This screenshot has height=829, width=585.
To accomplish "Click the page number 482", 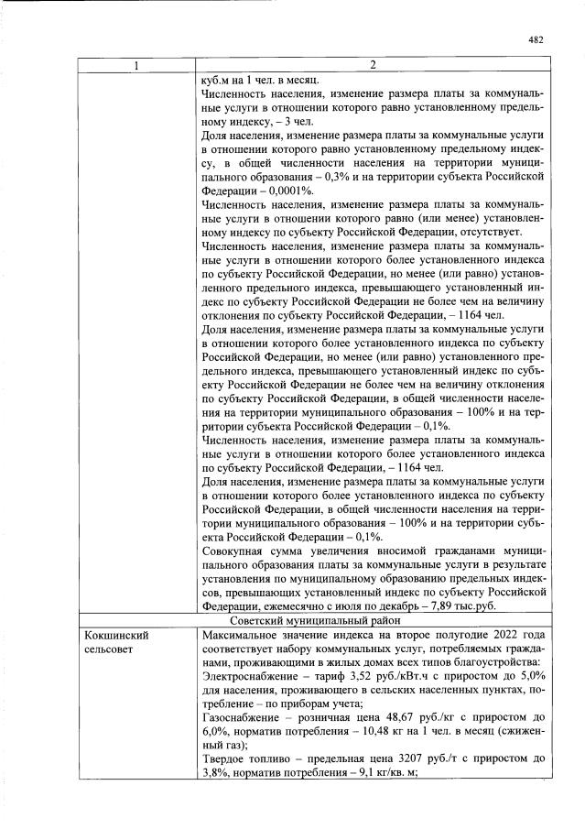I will pos(536,39).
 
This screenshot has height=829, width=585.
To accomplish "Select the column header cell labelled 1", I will pos(136,65).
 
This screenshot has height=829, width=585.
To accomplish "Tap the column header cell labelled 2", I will pos(373,65).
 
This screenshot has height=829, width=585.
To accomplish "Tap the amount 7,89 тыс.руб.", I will pos(482,606).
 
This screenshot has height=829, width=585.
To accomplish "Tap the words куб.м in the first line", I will pos(216,80).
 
